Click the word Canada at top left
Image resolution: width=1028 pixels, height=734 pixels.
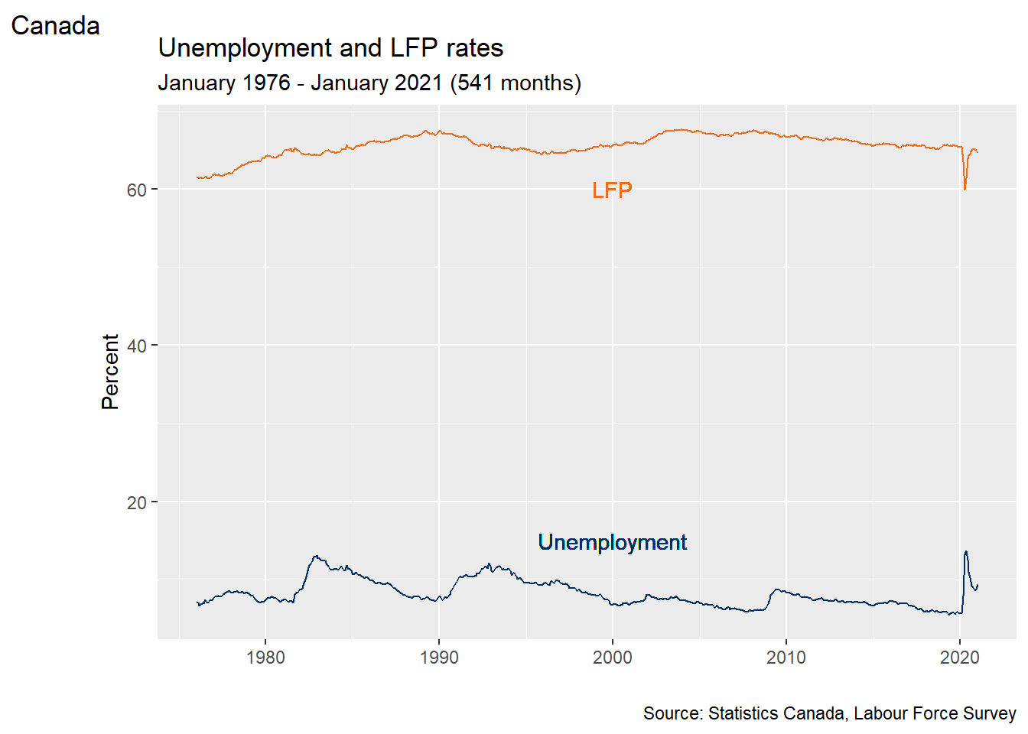pyautogui.click(x=55, y=26)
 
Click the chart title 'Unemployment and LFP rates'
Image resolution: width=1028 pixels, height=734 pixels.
pyautogui.click(x=330, y=48)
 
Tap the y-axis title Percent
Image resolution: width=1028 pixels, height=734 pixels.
pyautogui.click(x=110, y=372)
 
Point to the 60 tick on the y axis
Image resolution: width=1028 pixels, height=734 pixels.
pyautogui.click(x=137, y=190)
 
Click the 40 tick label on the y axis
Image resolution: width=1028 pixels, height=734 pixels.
pyautogui.click(x=137, y=346)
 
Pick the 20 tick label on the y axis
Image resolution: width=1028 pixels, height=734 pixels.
pyautogui.click(x=137, y=502)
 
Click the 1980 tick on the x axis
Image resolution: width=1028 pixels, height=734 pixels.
pyautogui.click(x=265, y=658)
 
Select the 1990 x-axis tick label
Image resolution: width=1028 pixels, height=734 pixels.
pyautogui.click(x=439, y=658)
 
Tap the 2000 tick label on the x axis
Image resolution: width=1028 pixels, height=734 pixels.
pyautogui.click(x=613, y=658)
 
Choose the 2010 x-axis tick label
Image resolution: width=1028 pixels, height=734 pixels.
pyautogui.click(x=786, y=658)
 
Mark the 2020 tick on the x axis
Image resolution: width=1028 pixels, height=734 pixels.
pyautogui.click(x=960, y=658)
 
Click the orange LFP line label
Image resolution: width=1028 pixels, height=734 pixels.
pyautogui.click(x=612, y=190)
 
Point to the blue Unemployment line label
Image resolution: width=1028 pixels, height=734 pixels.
pyautogui.click(x=612, y=542)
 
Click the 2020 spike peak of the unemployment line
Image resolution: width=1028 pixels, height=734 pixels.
pyautogui.click(x=966, y=551)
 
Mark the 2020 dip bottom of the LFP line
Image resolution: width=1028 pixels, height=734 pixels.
pyautogui.click(x=965, y=189)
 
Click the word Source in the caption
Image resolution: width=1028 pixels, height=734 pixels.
pyautogui.click(x=672, y=713)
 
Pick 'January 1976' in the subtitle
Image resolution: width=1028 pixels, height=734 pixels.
pyautogui.click(x=223, y=83)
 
